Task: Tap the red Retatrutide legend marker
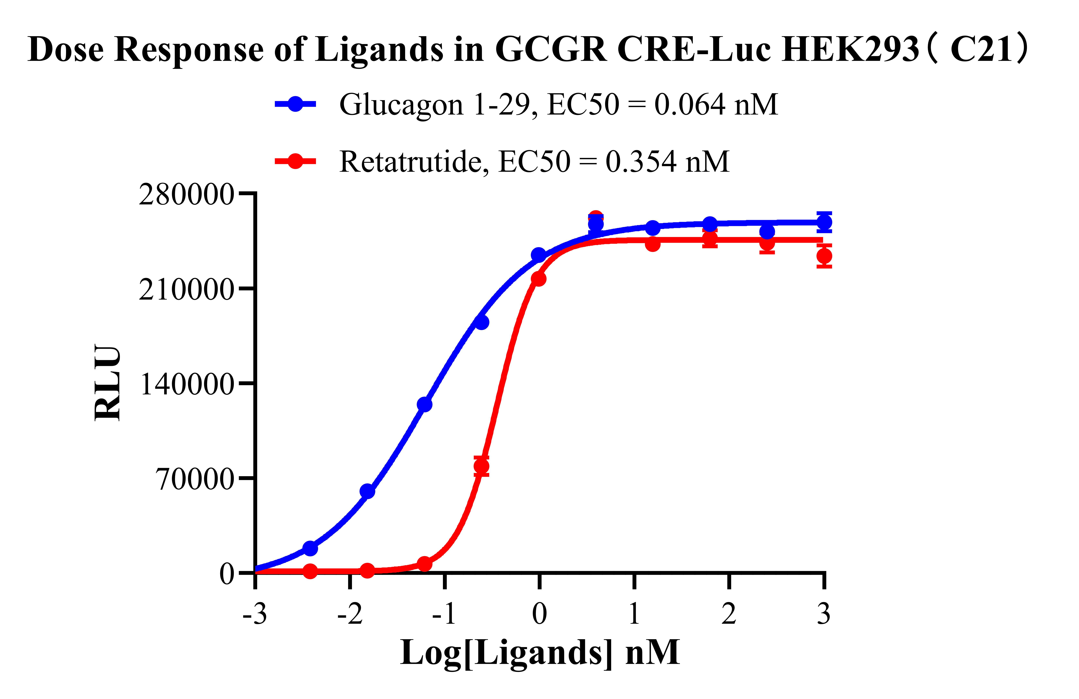[295, 161]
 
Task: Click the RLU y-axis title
[108, 383]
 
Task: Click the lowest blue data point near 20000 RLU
[310, 548]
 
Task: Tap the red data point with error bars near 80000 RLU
[481, 466]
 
